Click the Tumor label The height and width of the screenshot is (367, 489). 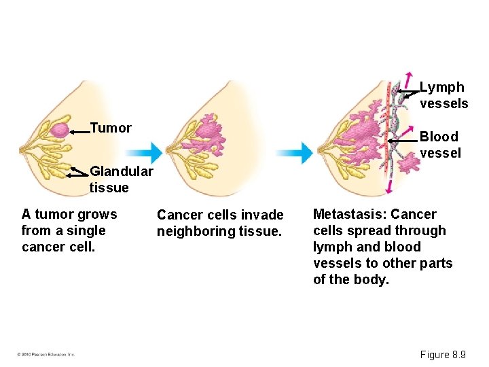point(111,128)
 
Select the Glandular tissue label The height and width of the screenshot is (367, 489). point(111,179)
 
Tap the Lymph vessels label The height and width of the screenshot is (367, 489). point(443,95)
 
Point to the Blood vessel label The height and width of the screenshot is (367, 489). point(440,145)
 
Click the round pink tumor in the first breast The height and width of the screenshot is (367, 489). point(59,130)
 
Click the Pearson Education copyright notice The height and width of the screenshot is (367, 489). point(46,354)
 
